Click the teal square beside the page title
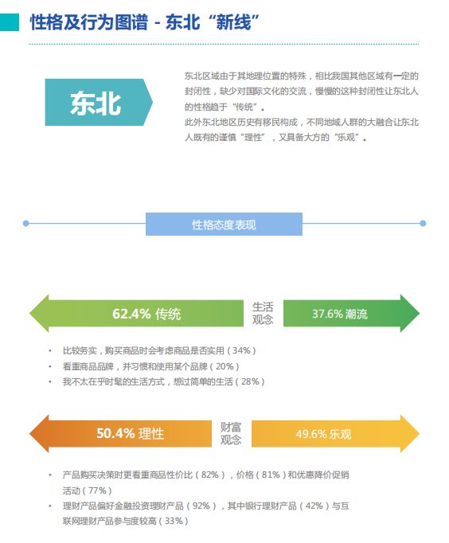point(10,22)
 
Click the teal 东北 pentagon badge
point(99,102)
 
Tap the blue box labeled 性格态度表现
point(224,224)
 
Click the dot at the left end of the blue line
point(25,224)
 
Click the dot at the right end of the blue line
point(423,224)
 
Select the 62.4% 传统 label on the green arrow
point(146,314)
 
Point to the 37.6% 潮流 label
point(340,314)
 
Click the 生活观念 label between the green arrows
point(263,313)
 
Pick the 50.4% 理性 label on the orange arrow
point(131,433)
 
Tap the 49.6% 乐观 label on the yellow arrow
point(323,434)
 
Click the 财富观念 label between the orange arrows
point(231,433)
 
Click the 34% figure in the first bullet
point(241,350)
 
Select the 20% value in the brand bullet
point(224,366)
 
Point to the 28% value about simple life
point(250,381)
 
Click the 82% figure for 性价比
point(210,475)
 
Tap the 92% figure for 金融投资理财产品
point(201,506)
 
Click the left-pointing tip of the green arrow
point(30,314)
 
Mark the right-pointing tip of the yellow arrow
point(419,434)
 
